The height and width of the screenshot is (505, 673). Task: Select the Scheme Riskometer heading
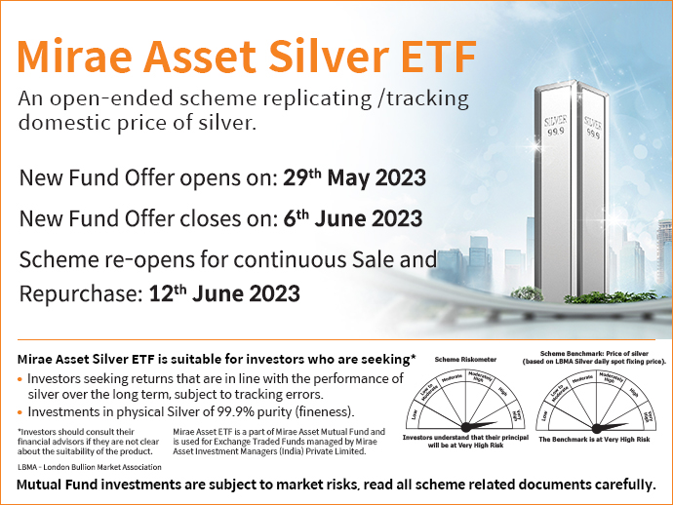465,360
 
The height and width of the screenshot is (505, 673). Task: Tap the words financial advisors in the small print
46,441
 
